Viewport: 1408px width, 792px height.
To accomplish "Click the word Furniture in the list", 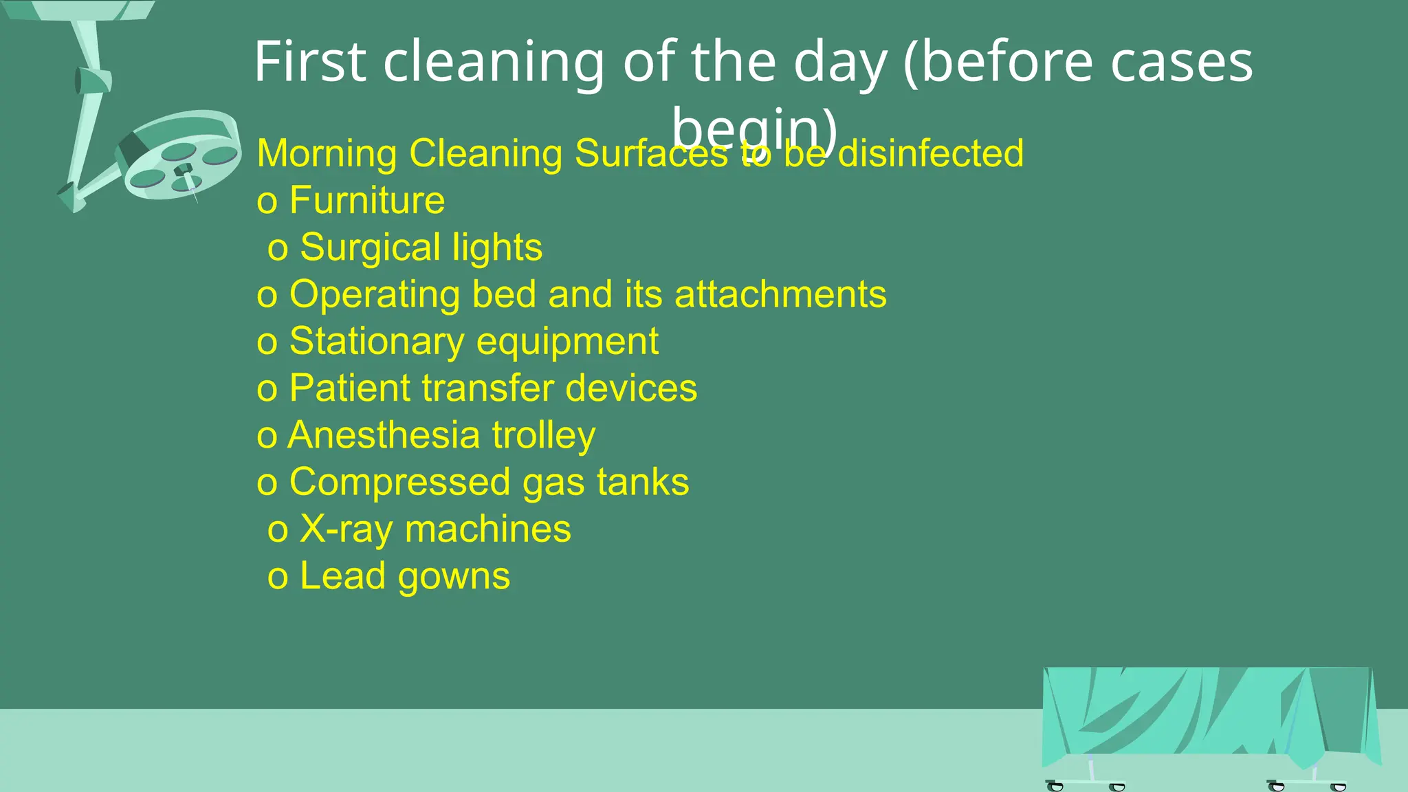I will tap(367, 201).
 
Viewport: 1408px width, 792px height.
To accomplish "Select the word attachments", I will tap(780, 294).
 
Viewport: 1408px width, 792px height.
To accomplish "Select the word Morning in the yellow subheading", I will tap(327, 153).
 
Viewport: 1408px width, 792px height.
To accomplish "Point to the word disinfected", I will tap(931, 153).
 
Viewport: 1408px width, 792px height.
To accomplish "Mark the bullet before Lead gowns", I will tap(278, 577).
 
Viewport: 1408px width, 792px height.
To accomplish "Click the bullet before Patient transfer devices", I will tap(267, 390).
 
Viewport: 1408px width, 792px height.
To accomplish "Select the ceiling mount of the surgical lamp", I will tap(82, 10).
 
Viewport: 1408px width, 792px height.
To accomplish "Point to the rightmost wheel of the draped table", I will tap(1338, 786).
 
